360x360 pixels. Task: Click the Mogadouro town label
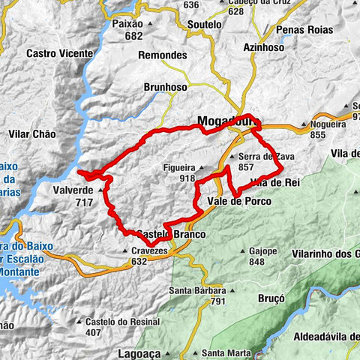223,119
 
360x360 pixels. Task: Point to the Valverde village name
73,191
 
